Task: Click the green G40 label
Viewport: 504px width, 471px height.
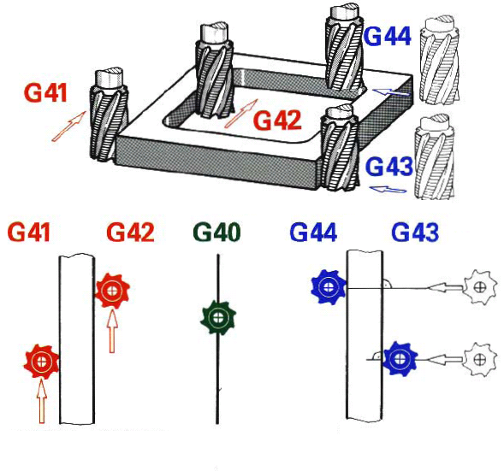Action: coord(217,232)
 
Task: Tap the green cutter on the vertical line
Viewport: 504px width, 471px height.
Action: coord(218,317)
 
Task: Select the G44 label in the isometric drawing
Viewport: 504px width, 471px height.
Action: coord(388,36)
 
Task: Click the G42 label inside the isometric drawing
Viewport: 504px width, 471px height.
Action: coord(277,121)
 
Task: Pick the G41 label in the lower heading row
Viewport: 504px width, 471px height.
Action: coord(29,232)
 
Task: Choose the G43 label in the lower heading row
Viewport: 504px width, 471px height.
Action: coord(415,232)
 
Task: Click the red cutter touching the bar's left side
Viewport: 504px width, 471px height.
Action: coord(41,362)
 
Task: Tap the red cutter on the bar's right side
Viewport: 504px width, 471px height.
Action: coord(112,291)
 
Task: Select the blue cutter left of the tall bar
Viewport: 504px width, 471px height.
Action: coord(329,286)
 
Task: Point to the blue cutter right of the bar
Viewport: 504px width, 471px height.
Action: coord(400,358)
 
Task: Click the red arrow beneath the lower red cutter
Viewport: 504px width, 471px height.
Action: coord(41,401)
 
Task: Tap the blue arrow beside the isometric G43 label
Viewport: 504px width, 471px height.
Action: coord(388,190)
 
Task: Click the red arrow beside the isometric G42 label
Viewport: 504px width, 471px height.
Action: coord(241,114)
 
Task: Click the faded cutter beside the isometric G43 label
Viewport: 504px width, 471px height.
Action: coord(435,156)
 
